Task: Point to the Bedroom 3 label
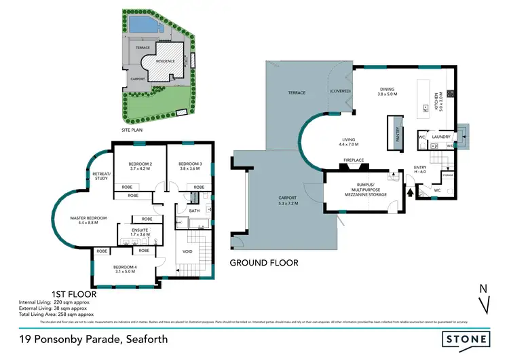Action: [x=191, y=167]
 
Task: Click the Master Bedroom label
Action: [x=88, y=220]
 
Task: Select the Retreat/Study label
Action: [x=101, y=177]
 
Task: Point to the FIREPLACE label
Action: [x=354, y=160]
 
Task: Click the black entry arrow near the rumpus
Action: [x=409, y=192]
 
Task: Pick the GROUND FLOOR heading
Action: [x=263, y=262]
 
